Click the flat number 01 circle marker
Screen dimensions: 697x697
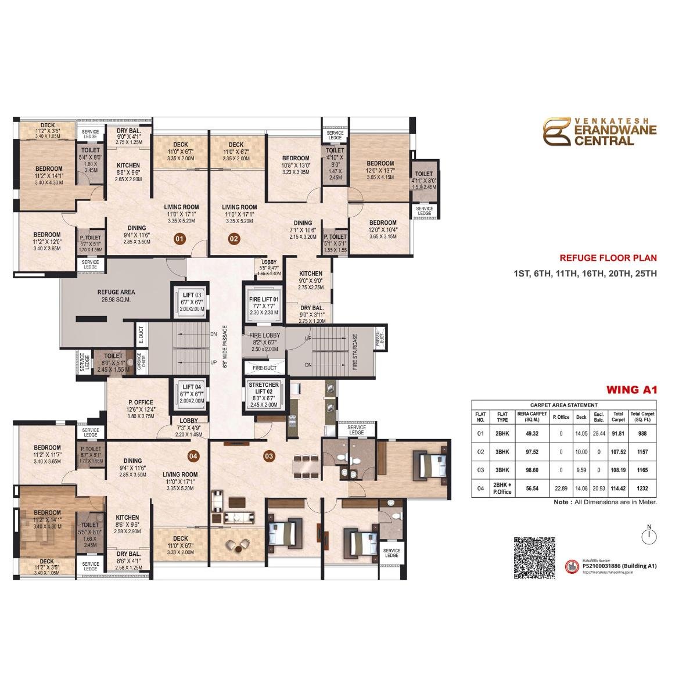click(x=179, y=238)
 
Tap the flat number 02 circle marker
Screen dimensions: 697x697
click(x=234, y=238)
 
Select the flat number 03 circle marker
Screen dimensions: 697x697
click(x=268, y=456)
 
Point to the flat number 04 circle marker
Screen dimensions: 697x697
click(x=193, y=456)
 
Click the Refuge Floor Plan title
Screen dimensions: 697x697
click(x=608, y=258)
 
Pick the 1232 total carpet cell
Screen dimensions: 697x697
click(x=642, y=489)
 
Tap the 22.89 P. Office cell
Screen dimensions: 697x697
click(x=561, y=489)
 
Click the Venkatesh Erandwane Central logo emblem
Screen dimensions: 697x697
click(x=556, y=132)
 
